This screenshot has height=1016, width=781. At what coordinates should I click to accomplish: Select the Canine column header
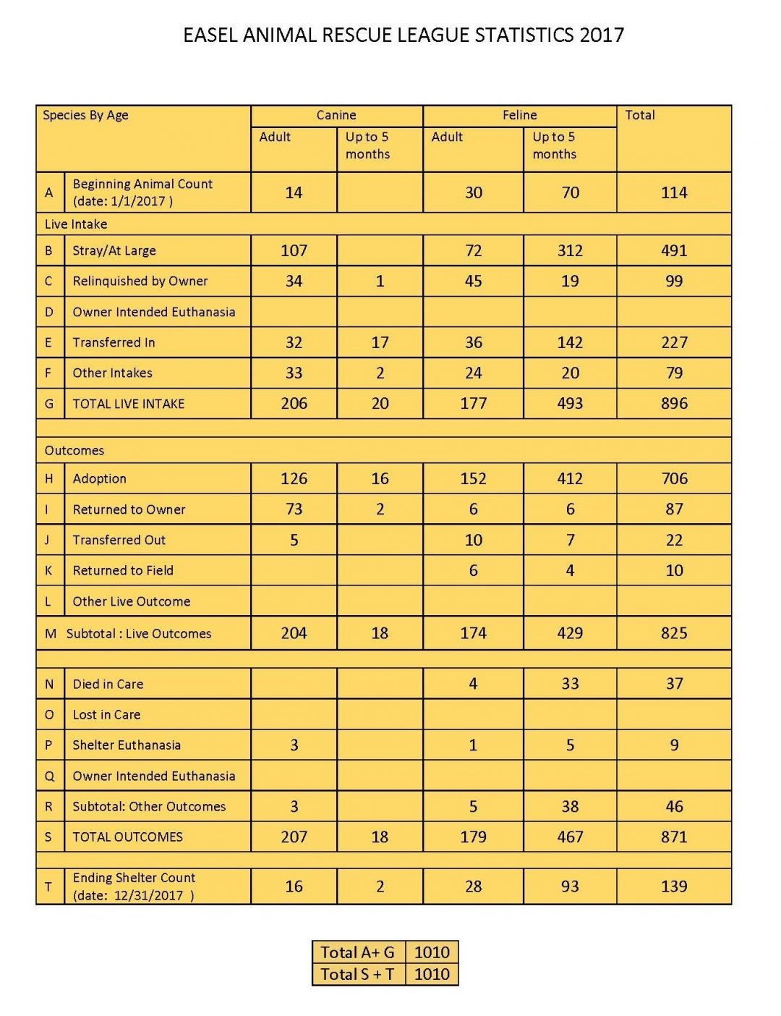[x=336, y=115]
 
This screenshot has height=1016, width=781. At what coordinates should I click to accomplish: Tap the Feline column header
[x=519, y=115]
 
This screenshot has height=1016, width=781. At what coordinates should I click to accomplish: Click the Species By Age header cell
[x=85, y=115]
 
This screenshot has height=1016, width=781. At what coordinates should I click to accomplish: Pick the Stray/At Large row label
[x=114, y=251]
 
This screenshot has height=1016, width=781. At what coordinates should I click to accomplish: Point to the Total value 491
[x=674, y=251]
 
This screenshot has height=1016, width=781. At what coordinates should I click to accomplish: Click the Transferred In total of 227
[x=674, y=342]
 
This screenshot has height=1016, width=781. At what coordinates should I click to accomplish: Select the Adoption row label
[x=100, y=478]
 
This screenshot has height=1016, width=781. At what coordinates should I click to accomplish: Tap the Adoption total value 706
[x=674, y=478]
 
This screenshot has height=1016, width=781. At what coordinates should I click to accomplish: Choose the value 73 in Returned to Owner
[x=294, y=509]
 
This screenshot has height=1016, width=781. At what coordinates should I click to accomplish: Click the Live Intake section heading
[x=76, y=224]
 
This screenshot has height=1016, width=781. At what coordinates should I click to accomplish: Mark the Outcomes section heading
[x=74, y=451]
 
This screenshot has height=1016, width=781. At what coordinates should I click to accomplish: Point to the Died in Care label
[x=108, y=684]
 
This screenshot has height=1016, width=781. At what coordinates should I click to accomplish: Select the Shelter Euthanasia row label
[x=127, y=745]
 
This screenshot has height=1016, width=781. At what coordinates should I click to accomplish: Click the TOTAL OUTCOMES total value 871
[x=674, y=837]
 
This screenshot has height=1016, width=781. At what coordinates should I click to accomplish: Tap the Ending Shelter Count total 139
[x=674, y=886]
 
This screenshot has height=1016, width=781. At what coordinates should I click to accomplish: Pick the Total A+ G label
[x=357, y=952]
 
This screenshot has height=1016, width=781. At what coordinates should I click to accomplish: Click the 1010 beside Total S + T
[x=432, y=974]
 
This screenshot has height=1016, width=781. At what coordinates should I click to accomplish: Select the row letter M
[x=51, y=634]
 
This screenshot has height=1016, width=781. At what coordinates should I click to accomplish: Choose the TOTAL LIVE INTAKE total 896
[x=674, y=404]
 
